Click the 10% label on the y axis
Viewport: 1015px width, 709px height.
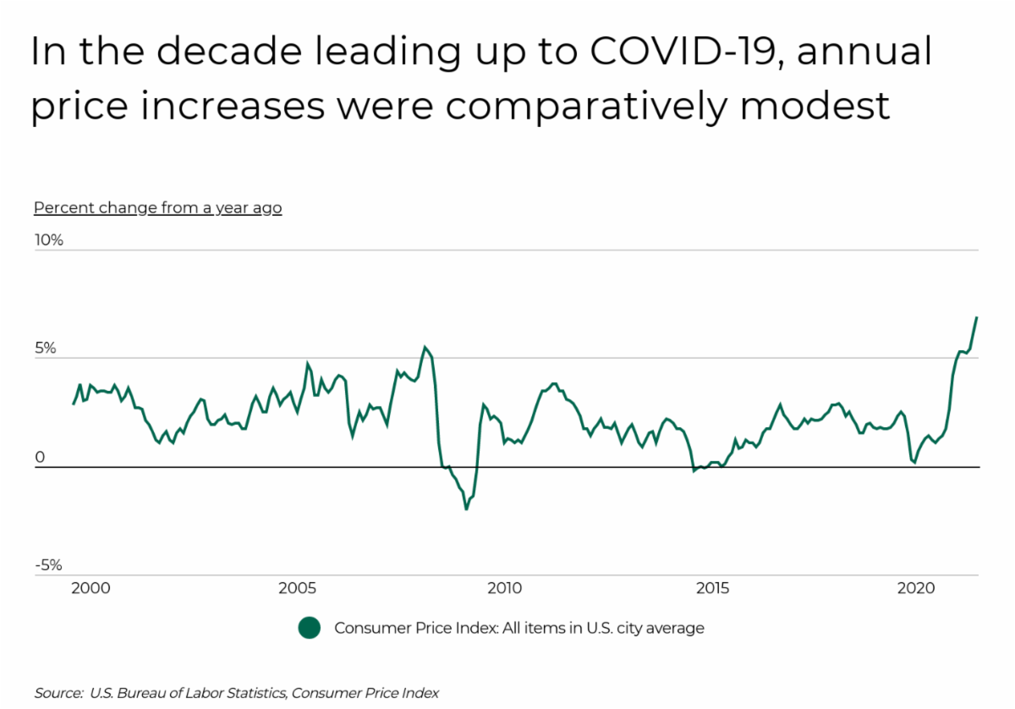[x=48, y=240]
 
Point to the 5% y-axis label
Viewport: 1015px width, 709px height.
[x=45, y=349]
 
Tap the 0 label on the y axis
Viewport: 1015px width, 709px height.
[x=39, y=458]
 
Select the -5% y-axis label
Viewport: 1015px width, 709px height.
[x=47, y=566]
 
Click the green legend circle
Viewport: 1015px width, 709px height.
[x=310, y=628]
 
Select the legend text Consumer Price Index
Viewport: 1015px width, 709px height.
[x=519, y=628]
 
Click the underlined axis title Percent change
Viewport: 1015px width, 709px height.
[x=157, y=207]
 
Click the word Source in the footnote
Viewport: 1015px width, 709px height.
[x=57, y=693]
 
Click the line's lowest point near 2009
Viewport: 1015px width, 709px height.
[x=466, y=509]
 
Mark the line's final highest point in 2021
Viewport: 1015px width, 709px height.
[x=976, y=317]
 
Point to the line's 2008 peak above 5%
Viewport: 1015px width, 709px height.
[x=425, y=347]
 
